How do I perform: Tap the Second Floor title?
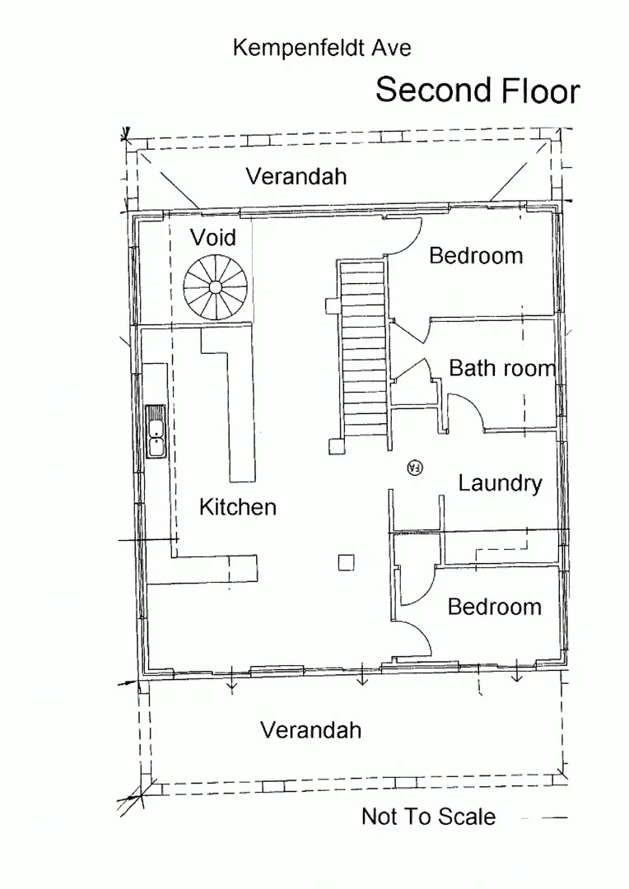[478, 91]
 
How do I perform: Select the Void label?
[212, 238]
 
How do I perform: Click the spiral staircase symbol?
[215, 287]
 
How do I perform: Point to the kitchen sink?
[156, 431]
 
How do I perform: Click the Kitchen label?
[237, 507]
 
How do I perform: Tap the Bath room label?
[502, 368]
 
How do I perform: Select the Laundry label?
[500, 483]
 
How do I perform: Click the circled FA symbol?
[415, 468]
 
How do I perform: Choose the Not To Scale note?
[428, 817]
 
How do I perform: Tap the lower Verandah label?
[310, 730]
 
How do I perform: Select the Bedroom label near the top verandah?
[476, 255]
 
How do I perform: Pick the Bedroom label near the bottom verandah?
[494, 607]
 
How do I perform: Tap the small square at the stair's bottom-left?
[335, 447]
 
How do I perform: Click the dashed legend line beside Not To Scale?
[544, 818]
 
